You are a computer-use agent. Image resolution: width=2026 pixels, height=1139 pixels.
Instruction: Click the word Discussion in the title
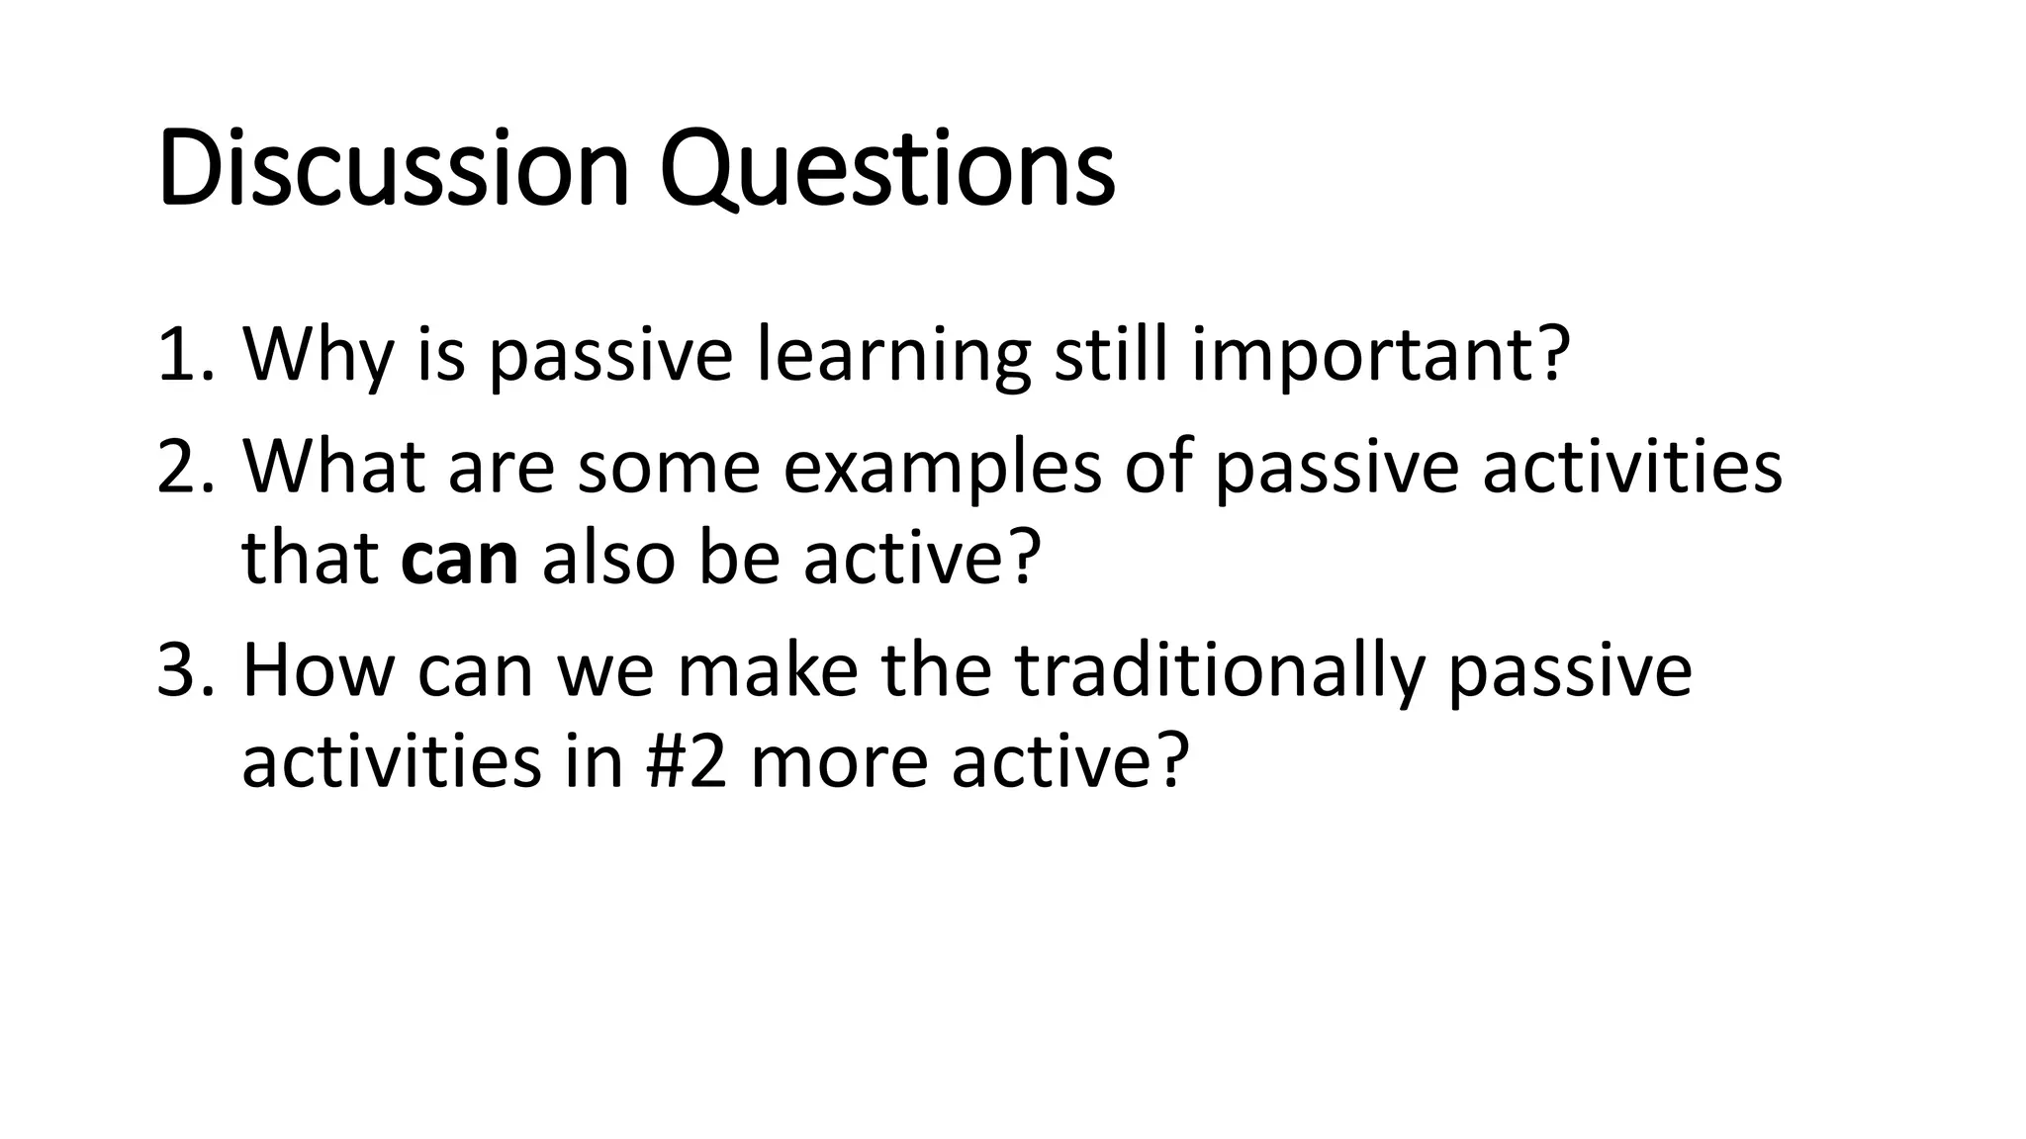[393, 169]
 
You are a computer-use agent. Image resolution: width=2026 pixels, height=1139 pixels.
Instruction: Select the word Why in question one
[317, 356]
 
